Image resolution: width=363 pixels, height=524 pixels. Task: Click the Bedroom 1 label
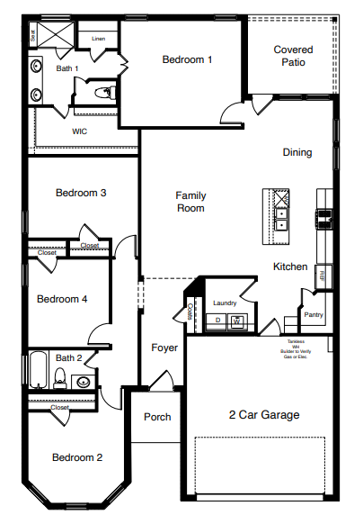coord(187,60)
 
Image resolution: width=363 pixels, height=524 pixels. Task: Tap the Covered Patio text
coord(294,57)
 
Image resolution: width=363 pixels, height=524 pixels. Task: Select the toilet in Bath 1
coord(102,91)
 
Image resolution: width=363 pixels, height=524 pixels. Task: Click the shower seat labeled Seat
coord(33,36)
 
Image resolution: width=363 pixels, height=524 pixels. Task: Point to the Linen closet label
coord(98,38)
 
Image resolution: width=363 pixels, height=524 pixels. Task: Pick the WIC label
coord(80,131)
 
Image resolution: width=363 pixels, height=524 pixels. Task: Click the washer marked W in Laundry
coord(237,321)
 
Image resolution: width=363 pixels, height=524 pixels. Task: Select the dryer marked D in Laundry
coord(217,321)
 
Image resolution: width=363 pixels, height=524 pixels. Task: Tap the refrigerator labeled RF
coord(323,275)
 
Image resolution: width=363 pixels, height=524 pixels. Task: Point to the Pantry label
coord(313,315)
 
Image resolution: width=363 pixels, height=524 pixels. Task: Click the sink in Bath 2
coord(83,382)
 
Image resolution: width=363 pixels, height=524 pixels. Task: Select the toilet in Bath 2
coord(60,379)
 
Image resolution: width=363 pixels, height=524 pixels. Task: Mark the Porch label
coord(157,417)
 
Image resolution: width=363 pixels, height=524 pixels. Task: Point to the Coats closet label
coord(191,311)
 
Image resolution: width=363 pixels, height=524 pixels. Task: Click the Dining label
coord(297,152)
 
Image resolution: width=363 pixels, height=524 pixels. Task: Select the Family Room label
coord(190,202)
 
